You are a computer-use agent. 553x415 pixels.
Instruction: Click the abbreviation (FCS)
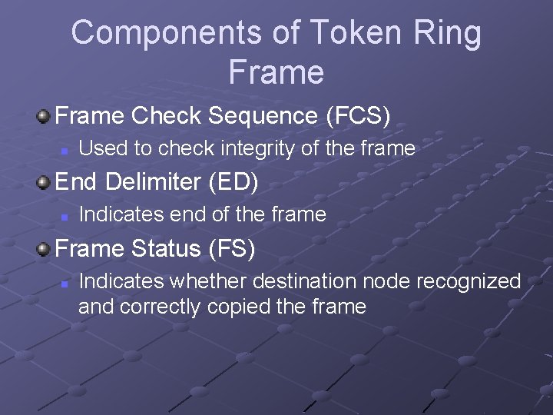[x=359, y=116]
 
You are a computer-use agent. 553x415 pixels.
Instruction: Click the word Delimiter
[x=156, y=182]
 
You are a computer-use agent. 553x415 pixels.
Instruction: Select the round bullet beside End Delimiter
[x=44, y=183]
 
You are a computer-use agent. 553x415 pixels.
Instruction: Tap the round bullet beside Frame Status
[x=44, y=249]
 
